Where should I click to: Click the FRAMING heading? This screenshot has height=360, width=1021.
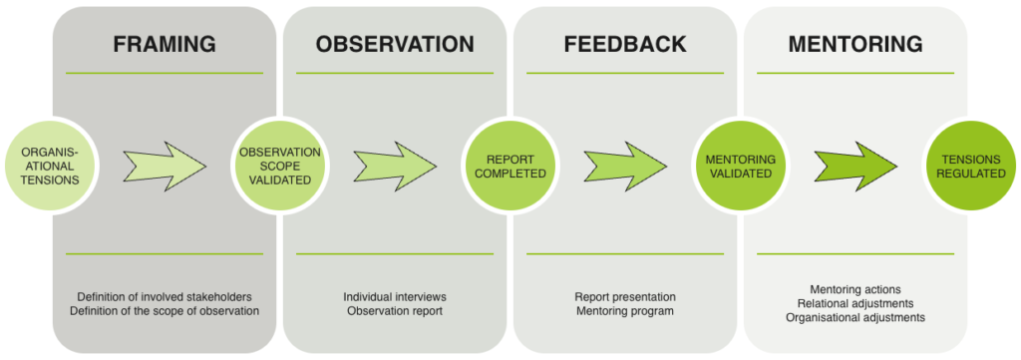pos(165,44)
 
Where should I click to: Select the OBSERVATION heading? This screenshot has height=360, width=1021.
pos(395,44)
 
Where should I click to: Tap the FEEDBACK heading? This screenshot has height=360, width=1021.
pos(625,44)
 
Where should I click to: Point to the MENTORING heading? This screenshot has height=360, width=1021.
pos(855,44)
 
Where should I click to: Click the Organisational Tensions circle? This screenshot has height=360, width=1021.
pos(50,166)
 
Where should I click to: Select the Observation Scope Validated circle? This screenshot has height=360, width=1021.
pos(280,166)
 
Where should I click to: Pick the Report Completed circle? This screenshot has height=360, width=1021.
pos(510,166)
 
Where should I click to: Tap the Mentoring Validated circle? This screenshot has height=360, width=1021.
pos(741,166)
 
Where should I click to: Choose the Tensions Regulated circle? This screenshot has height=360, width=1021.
pos(971,166)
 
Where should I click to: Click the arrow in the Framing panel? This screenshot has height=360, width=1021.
pos(165,166)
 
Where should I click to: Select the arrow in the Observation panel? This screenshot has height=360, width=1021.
pos(395,166)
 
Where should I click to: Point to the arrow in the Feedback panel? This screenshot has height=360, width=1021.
pos(625,166)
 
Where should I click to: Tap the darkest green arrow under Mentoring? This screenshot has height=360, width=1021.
pos(855,166)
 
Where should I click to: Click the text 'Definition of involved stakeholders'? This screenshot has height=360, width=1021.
pos(165,297)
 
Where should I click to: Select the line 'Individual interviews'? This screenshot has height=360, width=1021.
pos(395,297)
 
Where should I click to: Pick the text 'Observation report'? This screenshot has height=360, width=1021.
pos(395,311)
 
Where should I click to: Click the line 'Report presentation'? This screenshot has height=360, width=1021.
pos(625,297)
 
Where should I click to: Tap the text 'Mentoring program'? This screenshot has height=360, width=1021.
pos(625,311)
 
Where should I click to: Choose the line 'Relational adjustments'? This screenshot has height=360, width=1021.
pos(855,303)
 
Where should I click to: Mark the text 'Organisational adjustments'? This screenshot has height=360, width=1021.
pos(855,318)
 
